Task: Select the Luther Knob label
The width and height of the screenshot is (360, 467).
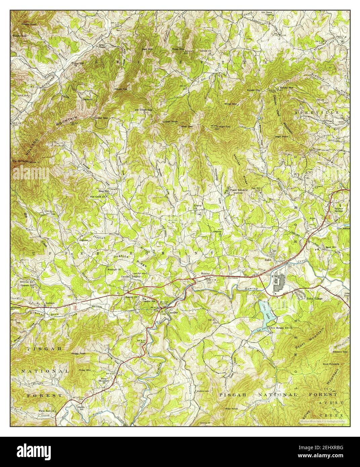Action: pos(170,121)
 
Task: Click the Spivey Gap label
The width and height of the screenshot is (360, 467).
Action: pos(254,90)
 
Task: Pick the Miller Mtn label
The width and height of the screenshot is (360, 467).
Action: pos(231,104)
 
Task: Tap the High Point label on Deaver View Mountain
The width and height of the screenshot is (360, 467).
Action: pos(282,136)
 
